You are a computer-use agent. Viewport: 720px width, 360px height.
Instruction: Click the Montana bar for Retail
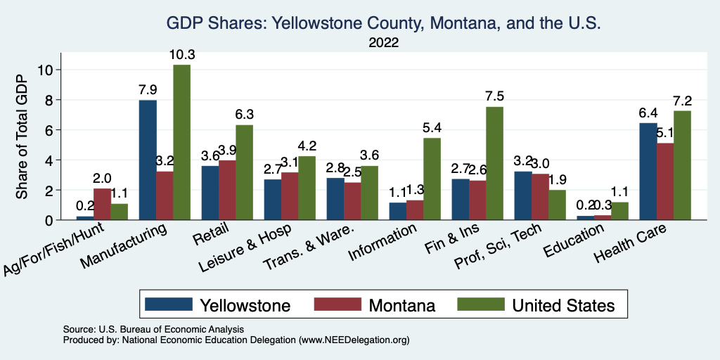(x=227, y=191)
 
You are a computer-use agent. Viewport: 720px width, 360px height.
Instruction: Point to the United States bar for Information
(x=432, y=179)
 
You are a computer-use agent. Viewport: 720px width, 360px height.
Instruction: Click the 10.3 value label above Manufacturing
(x=181, y=55)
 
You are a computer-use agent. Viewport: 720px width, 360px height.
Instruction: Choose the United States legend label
(x=563, y=305)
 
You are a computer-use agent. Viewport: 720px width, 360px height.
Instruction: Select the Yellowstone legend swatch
(x=169, y=304)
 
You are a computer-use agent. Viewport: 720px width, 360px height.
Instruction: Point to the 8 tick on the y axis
(x=49, y=100)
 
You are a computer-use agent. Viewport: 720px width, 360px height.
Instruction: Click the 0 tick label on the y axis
(x=49, y=220)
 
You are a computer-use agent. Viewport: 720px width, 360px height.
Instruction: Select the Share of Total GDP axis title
(x=22, y=137)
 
